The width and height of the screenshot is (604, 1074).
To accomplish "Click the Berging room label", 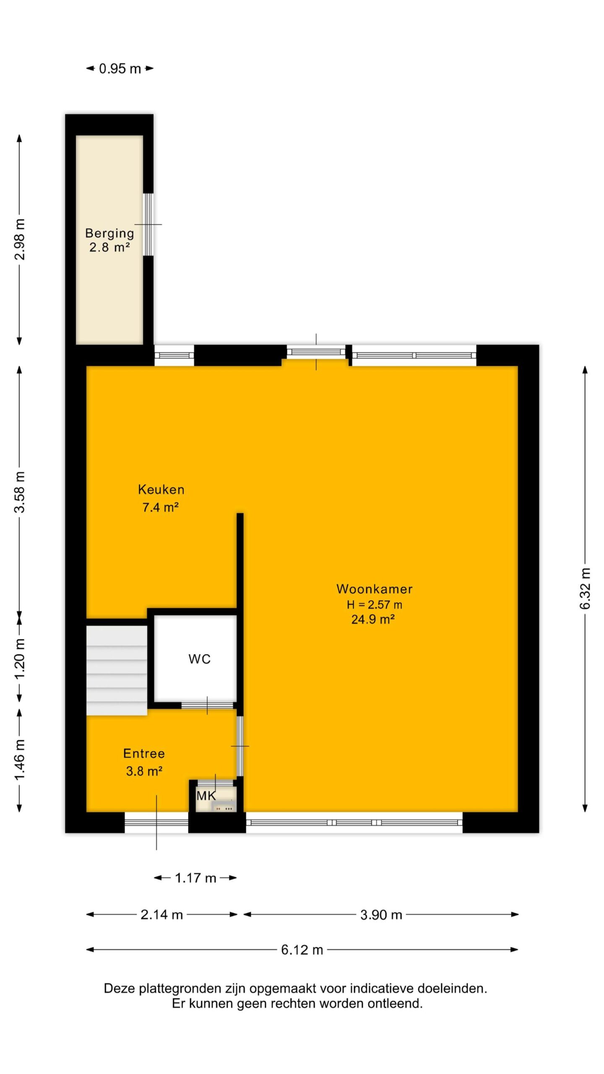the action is point(109,233).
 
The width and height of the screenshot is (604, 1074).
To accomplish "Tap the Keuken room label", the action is point(161,489).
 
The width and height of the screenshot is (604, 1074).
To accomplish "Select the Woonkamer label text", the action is point(374,589).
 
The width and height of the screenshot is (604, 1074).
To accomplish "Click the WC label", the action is point(199,659).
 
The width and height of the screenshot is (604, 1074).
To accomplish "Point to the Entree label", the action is point(144,753).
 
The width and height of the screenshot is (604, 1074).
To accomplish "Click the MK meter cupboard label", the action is point(206,795).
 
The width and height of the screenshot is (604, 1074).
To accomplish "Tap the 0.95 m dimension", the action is point(120,68).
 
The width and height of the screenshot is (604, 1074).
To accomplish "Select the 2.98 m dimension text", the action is point(20,239).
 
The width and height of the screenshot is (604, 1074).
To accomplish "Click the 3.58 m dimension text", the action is point(20,492).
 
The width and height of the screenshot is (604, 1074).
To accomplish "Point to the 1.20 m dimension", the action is point(20,659).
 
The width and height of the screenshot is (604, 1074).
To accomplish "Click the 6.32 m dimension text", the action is point(585,589).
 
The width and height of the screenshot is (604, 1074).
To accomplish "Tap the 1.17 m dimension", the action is point(195,878).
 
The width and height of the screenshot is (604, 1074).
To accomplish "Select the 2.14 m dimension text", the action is point(161,915).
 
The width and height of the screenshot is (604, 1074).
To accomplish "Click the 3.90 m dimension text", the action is point(381,915).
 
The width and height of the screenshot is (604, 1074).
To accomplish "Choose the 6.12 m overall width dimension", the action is point(302,950).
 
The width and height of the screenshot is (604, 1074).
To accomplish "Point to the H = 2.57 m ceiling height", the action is point(374,605).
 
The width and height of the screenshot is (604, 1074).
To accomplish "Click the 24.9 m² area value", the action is point(373,620).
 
